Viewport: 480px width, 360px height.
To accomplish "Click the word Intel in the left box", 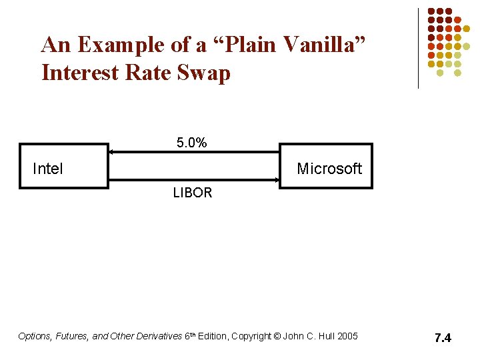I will (x=48, y=169).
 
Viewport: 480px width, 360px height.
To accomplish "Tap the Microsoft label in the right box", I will (x=329, y=169).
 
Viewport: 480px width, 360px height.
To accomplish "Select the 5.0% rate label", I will (x=191, y=143).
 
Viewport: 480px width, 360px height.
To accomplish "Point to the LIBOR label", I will (x=192, y=193).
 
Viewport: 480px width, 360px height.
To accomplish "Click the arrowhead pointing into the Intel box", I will (x=113, y=153).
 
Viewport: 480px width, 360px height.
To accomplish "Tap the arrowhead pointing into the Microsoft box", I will (x=275, y=179).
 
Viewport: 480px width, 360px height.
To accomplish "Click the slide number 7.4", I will (x=443, y=338).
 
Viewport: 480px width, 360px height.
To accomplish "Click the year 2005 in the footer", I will (x=347, y=336).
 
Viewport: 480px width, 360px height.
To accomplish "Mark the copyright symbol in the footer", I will (x=277, y=336).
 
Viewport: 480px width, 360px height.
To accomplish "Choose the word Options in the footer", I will (x=33, y=336).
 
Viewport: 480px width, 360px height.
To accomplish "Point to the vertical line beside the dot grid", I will (x=418, y=48).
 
